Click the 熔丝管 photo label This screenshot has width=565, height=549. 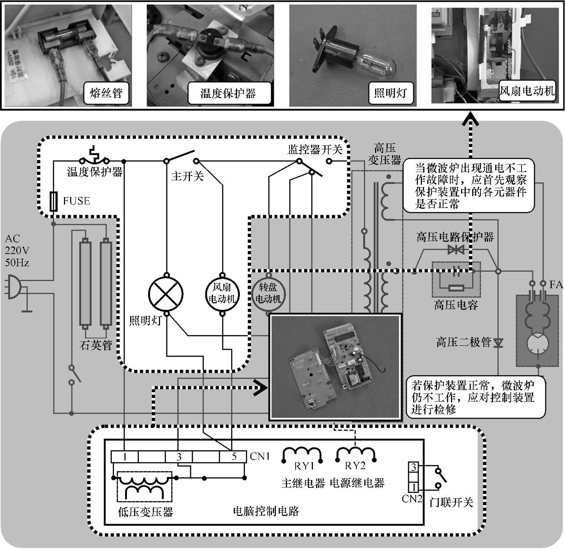pyautogui.click(x=106, y=93)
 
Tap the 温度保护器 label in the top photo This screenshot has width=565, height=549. pyautogui.click(x=228, y=94)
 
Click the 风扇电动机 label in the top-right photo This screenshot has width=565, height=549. pyautogui.click(x=527, y=91)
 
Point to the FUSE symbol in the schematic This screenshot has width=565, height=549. pyautogui.click(x=54, y=201)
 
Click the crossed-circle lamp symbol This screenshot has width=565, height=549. pyautogui.click(x=166, y=294)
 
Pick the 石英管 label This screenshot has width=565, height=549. pyautogui.click(x=96, y=345)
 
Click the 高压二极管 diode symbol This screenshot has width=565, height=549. pyautogui.click(x=498, y=342)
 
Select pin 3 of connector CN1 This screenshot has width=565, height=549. pyautogui.click(x=179, y=457)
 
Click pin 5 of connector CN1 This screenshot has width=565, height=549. pyautogui.click(x=234, y=457)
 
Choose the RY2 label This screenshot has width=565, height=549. pyautogui.click(x=355, y=466)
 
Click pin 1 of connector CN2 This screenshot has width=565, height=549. pyautogui.click(x=414, y=487)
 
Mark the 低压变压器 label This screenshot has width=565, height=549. pyautogui.click(x=146, y=512)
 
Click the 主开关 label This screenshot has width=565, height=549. pyautogui.click(x=187, y=176)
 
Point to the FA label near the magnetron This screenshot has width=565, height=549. pyautogui.click(x=556, y=285)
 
